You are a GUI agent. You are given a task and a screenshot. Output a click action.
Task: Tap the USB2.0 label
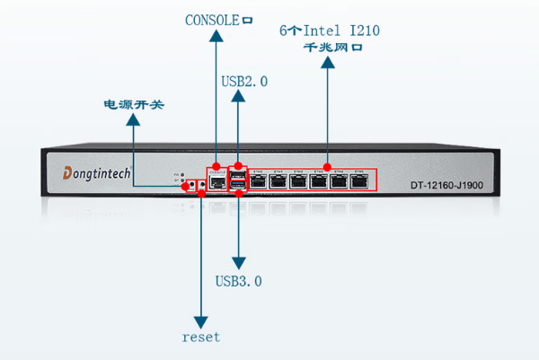click(244, 80)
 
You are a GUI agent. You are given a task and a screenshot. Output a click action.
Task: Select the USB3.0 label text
click(239, 281)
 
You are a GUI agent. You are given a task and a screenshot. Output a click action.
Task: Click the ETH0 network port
click(258, 181)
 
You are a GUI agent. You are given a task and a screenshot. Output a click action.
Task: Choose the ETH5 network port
click(360, 181)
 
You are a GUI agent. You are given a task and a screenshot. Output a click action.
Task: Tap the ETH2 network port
click(299, 181)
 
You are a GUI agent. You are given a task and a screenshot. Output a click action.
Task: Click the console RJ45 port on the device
click(217, 181)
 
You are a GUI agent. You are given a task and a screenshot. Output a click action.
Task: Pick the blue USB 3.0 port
click(238, 185)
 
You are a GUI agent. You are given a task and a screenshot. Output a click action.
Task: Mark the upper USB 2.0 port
click(238, 173)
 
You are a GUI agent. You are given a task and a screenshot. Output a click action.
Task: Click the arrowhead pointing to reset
click(201, 320)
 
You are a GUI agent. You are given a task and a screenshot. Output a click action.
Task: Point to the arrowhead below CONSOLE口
click(216, 38)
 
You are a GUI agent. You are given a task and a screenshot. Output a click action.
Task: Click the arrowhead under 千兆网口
click(328, 61)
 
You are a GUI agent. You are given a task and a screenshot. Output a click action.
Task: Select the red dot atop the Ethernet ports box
click(328, 167)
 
